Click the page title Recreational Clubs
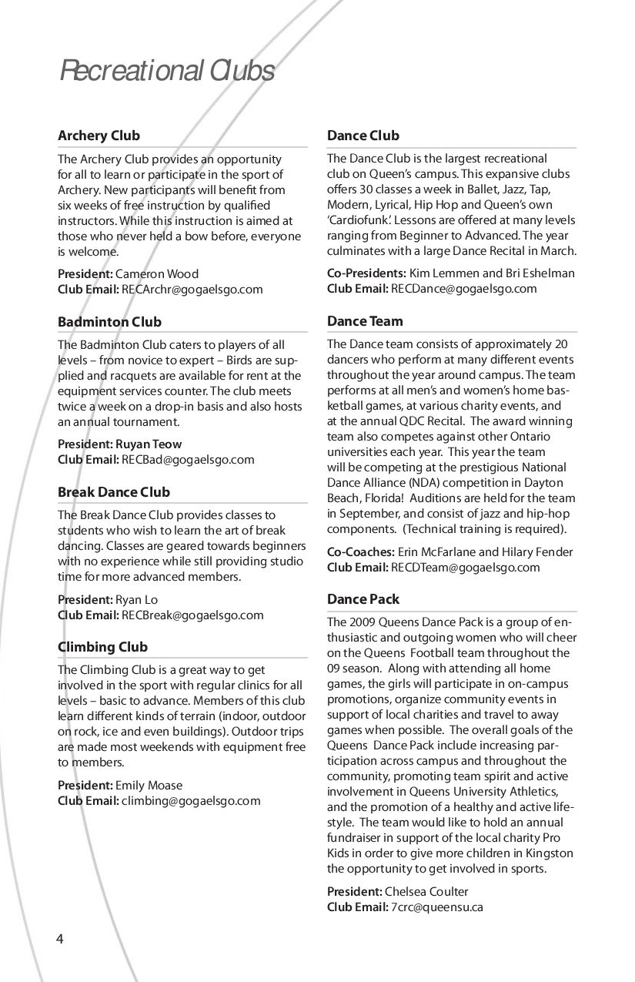[167, 71]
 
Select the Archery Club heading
[99, 136]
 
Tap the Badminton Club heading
[109, 322]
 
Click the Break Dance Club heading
[114, 492]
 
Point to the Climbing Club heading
[102, 647]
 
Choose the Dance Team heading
[365, 321]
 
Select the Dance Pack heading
[363, 599]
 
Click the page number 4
[59, 938]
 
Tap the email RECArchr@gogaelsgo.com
[192, 290]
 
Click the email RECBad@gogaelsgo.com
[188, 460]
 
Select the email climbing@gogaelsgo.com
[191, 801]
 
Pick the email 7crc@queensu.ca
[436, 907]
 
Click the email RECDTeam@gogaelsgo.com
[465, 568]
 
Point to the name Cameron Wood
[156, 274]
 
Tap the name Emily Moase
[149, 786]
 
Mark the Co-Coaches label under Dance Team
[361, 552]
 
